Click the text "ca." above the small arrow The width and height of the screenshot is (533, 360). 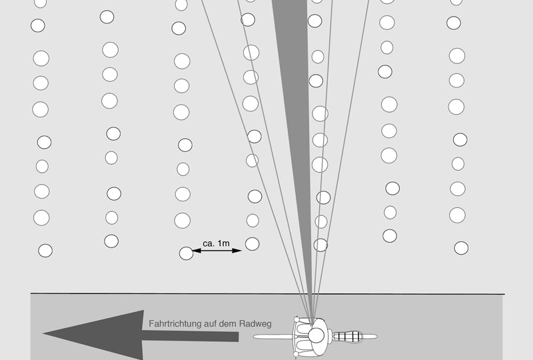[x=209, y=243]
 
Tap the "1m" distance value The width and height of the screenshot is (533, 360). [x=223, y=243]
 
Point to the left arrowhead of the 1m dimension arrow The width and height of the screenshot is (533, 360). [x=197, y=251]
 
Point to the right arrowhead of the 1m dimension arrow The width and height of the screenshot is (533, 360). [x=237, y=251]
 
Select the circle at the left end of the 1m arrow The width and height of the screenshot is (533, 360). [x=187, y=253]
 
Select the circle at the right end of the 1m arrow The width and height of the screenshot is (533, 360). [x=253, y=244]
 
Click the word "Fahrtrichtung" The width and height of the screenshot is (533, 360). [x=175, y=323]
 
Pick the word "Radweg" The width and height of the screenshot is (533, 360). [x=255, y=323]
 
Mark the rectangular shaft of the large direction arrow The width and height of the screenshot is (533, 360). [x=191, y=335]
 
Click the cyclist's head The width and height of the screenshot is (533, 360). [x=316, y=335]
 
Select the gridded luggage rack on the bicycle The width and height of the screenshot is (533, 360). [x=346, y=337]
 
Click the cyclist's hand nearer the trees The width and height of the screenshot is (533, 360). [x=296, y=319]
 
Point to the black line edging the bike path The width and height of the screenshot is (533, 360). [x=268, y=293]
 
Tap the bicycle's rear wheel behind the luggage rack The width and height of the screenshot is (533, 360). [x=370, y=337]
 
